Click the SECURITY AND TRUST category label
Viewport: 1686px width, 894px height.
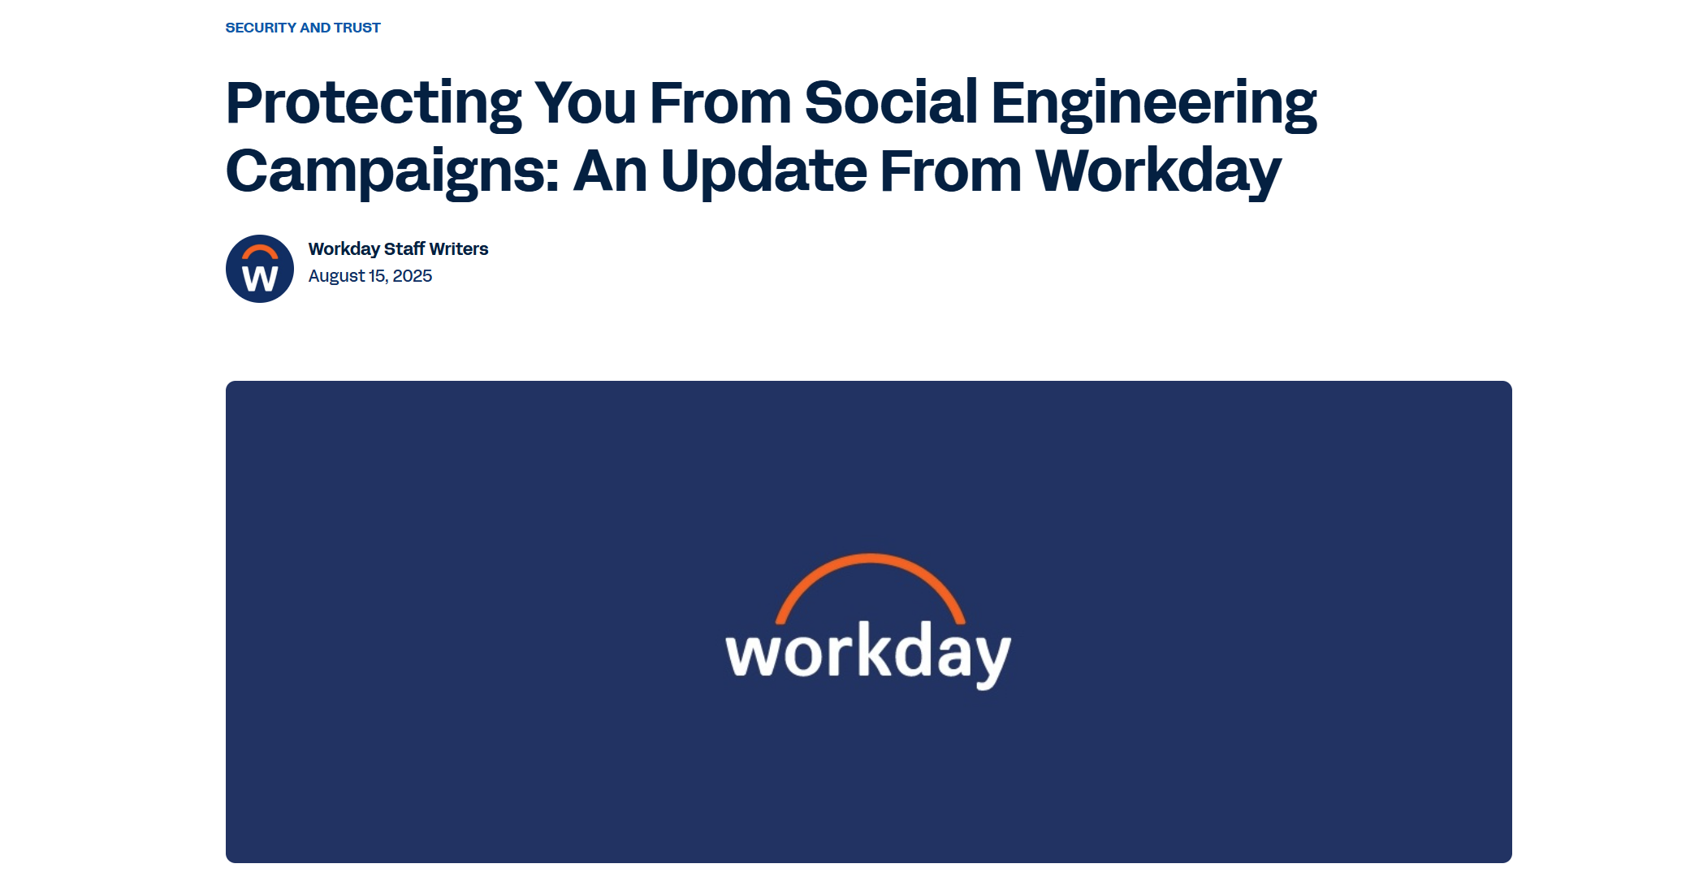(303, 28)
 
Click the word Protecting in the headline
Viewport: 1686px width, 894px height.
(374, 105)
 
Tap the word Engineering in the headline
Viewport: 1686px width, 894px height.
(1154, 105)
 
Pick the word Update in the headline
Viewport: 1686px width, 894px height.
(764, 173)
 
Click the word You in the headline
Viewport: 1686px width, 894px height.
(585, 103)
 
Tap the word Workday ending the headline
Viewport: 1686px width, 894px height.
(1158, 173)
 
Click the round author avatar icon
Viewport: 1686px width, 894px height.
(260, 269)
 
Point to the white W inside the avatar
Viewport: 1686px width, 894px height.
(260, 279)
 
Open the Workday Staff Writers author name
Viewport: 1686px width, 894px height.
(398, 249)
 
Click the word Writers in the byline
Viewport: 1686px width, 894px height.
(459, 249)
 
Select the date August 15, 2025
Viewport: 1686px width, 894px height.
(370, 276)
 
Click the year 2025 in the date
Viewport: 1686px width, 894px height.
(413, 276)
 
